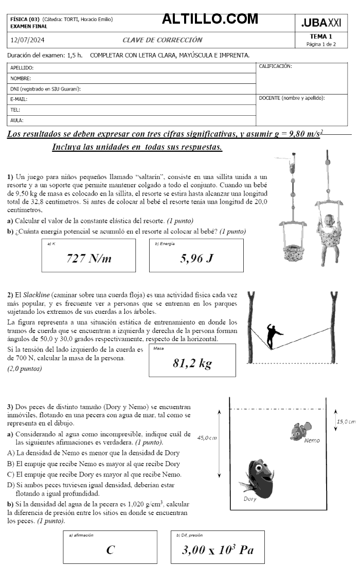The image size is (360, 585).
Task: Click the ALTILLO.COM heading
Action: (x=210, y=19)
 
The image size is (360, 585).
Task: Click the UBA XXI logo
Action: (x=321, y=23)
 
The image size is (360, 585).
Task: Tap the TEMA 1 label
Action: (x=321, y=37)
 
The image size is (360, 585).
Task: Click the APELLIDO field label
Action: (x=22, y=68)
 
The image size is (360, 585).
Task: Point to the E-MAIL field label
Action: (x=19, y=99)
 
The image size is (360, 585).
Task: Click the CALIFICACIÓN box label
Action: (x=275, y=66)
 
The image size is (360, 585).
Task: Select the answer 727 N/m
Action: (x=88, y=258)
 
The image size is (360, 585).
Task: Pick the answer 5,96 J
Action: (x=196, y=258)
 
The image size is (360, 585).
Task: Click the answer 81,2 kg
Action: (x=192, y=363)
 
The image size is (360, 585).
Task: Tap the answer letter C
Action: (x=110, y=550)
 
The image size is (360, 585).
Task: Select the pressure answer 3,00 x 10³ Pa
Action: (x=218, y=549)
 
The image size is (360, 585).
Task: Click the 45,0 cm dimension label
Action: (x=207, y=438)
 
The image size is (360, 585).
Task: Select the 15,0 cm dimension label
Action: (x=346, y=421)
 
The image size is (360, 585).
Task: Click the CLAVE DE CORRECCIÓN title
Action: (x=162, y=40)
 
